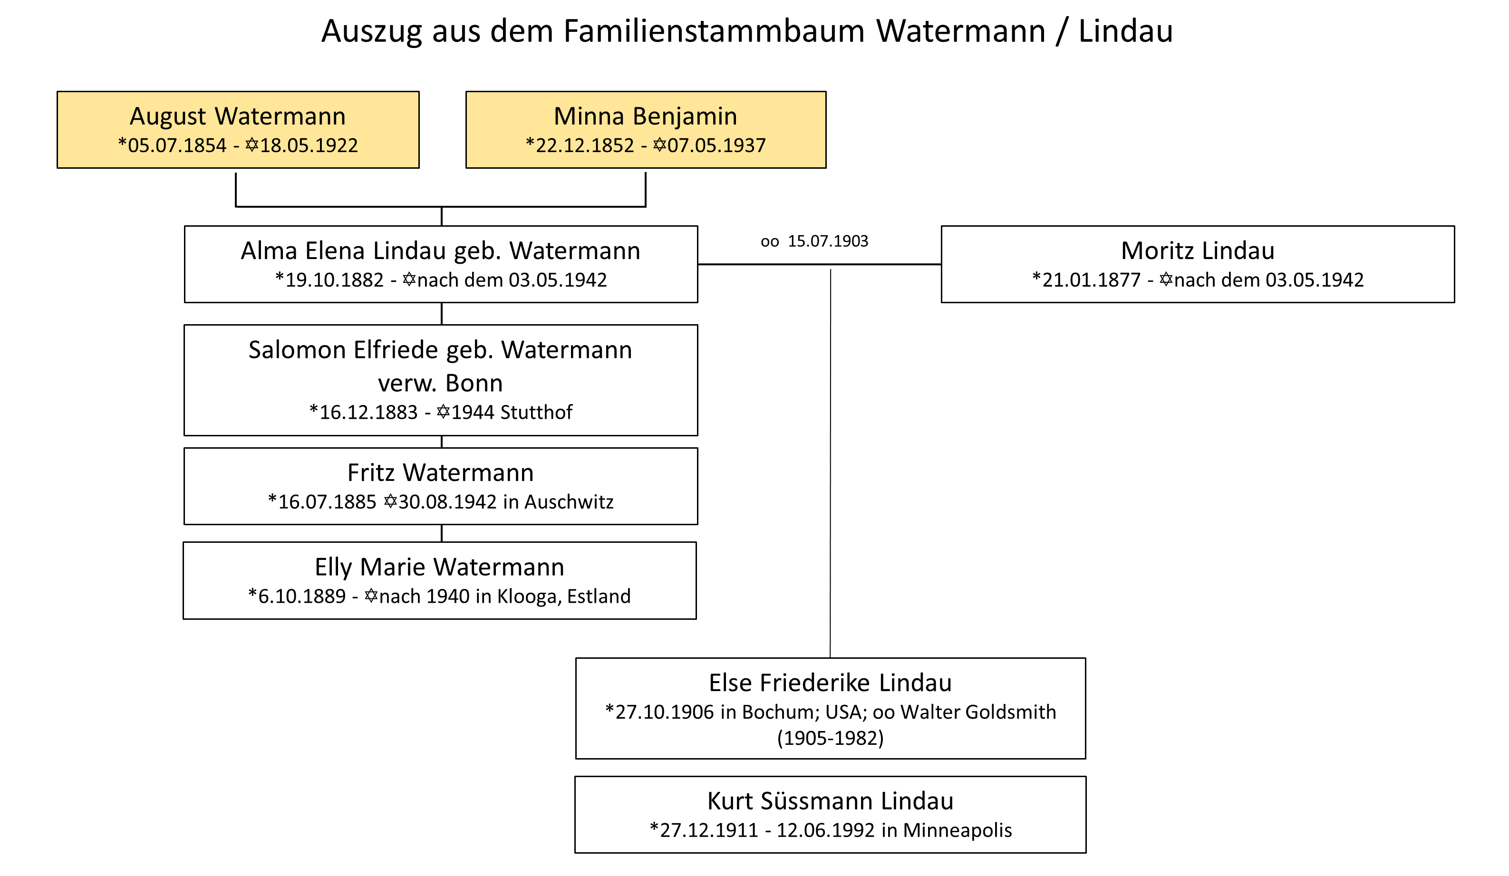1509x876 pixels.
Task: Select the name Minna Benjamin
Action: [x=645, y=116]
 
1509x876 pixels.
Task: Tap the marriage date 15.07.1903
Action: [x=828, y=241]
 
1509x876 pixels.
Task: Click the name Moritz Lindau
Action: [x=1198, y=251]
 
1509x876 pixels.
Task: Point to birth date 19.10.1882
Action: [x=334, y=280]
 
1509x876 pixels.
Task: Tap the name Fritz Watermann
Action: [x=440, y=473]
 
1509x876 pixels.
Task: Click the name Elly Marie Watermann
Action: [x=439, y=568]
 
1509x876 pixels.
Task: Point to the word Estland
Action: [x=599, y=597]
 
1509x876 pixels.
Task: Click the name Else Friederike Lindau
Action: [x=830, y=683]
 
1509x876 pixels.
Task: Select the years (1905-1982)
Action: [x=830, y=738]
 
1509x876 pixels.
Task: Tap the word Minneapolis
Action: [x=957, y=830]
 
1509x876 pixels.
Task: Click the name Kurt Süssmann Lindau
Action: [x=830, y=801]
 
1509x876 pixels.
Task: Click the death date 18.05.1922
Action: [x=309, y=145]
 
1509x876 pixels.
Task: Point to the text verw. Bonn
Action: [x=440, y=383]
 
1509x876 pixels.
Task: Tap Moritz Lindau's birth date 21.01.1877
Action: [x=1091, y=280]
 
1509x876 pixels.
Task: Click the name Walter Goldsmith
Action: [x=978, y=712]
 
